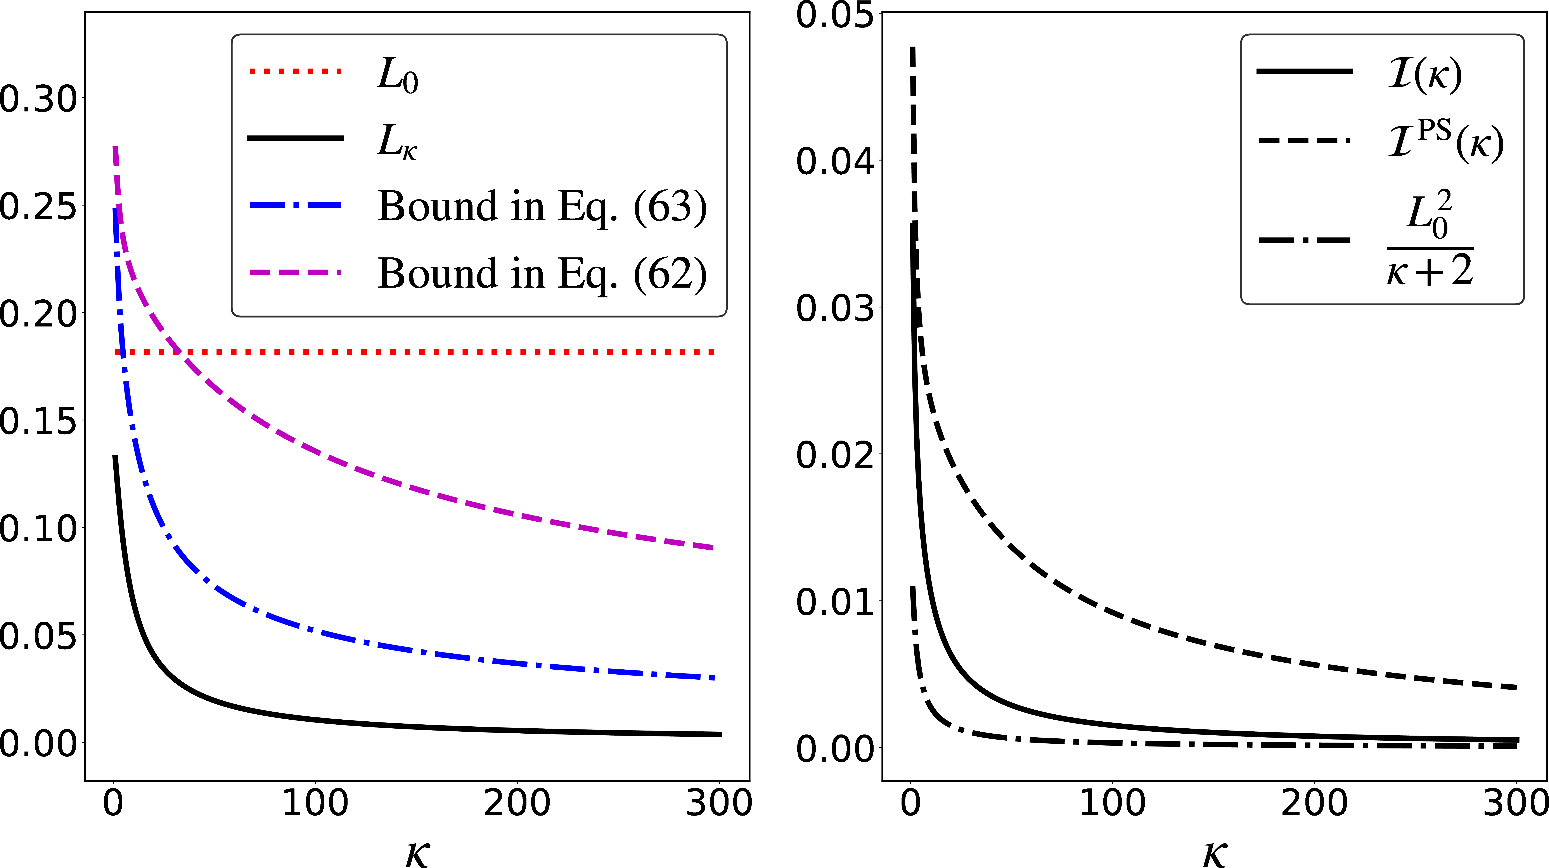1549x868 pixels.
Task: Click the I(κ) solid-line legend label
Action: (1424, 75)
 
